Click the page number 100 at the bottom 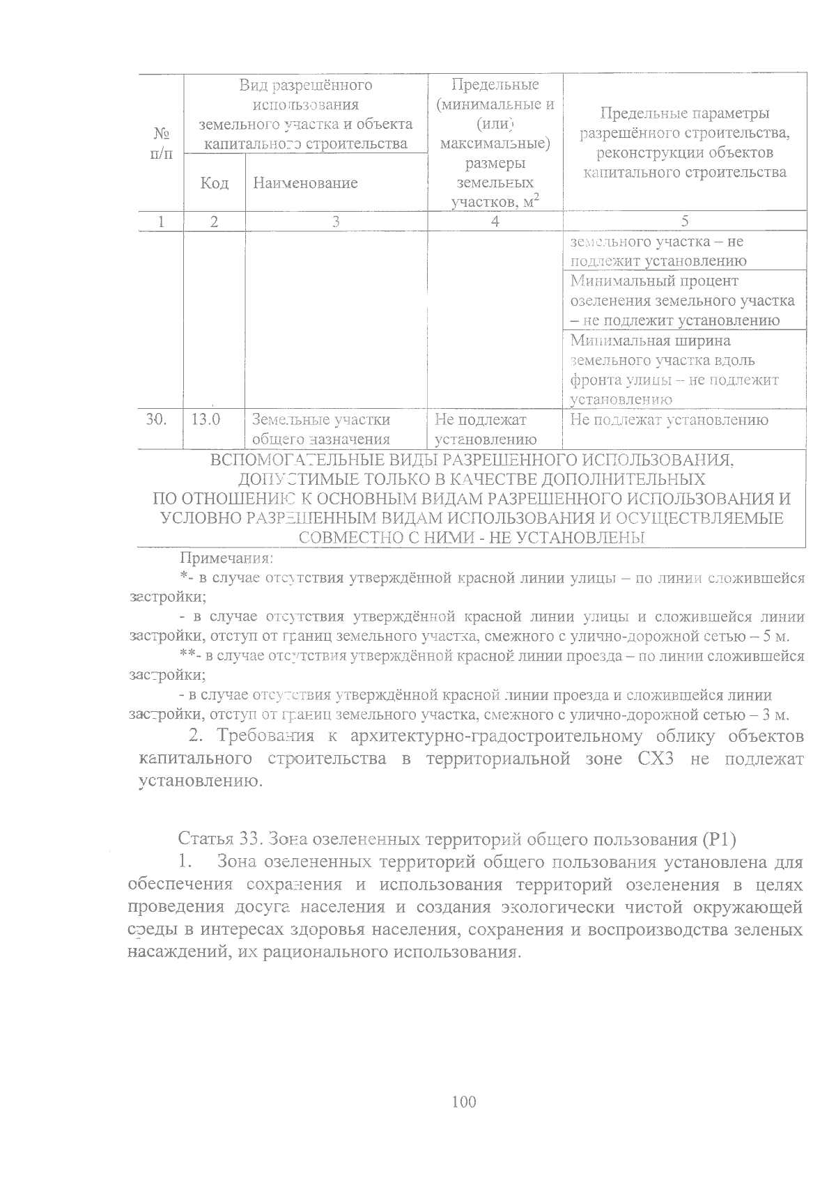[463, 1101]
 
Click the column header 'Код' [214, 182]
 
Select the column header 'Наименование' [305, 182]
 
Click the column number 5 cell [684, 221]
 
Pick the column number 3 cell [336, 221]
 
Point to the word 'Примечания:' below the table [226, 558]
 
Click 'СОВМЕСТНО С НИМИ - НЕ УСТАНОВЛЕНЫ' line [472, 538]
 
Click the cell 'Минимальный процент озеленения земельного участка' [683, 300]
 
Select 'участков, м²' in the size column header [495, 202]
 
